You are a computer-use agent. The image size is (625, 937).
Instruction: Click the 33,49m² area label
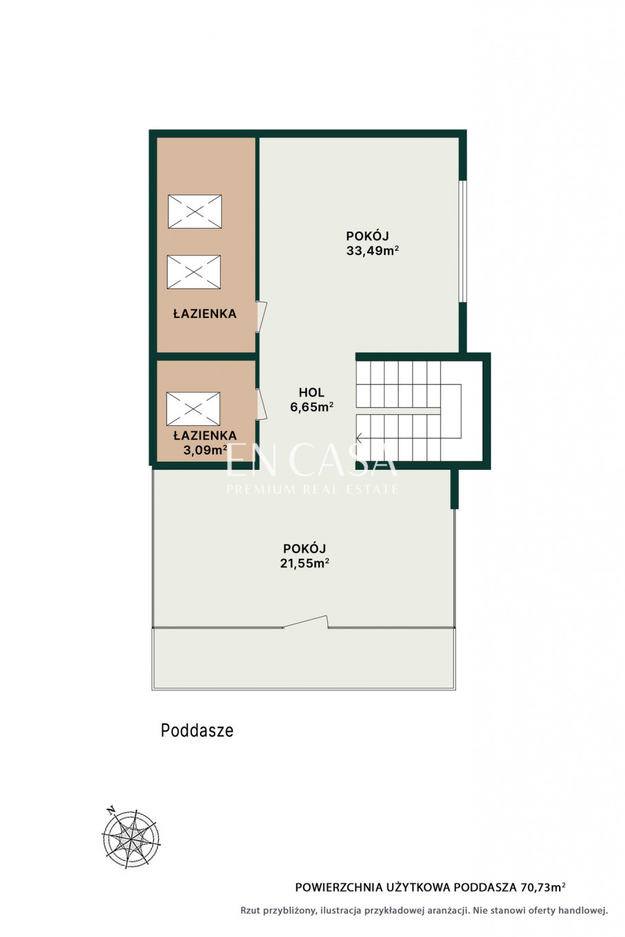(x=372, y=251)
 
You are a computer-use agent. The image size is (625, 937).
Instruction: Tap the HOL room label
(x=311, y=392)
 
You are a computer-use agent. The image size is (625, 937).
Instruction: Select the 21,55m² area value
(x=305, y=563)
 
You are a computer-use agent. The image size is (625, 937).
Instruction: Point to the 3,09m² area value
(x=205, y=450)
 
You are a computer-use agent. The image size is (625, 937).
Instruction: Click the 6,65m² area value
(x=311, y=407)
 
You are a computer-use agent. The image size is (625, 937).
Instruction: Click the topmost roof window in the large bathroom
(x=195, y=212)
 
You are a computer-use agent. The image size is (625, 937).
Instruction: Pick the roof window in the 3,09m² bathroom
(x=193, y=409)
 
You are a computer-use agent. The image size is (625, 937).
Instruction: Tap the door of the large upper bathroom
(x=262, y=317)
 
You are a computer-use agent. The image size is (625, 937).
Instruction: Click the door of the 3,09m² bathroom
(x=262, y=404)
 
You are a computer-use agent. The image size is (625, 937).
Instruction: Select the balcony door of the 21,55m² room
(x=305, y=622)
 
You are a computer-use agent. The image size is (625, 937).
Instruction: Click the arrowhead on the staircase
(x=359, y=438)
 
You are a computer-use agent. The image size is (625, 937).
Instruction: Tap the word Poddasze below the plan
(x=197, y=730)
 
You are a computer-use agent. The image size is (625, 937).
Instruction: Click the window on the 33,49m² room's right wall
(x=463, y=241)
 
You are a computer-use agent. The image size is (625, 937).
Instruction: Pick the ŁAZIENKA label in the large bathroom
(x=205, y=313)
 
